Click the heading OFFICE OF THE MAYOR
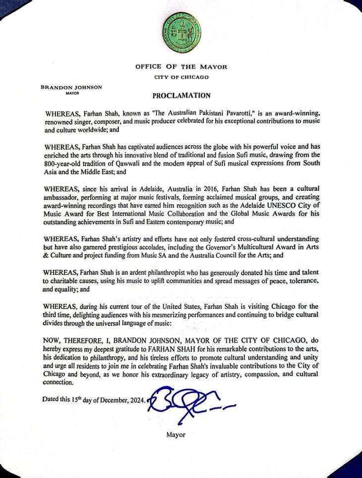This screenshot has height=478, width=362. [181, 67]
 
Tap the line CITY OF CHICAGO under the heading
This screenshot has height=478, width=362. [181, 77]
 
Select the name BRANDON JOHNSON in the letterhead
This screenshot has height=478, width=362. [71, 87]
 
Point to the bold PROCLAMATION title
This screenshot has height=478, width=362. [181, 96]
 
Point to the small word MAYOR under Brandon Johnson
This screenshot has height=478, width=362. [71, 92]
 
